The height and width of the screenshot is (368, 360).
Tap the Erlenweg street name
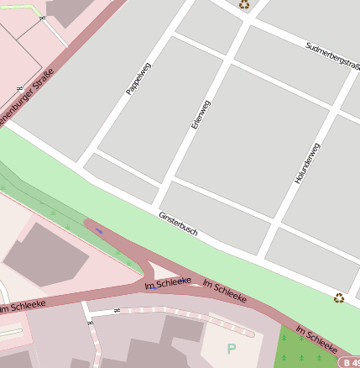point(201,114)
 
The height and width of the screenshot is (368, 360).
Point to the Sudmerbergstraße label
point(331,55)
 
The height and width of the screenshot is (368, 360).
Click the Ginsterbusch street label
point(178,223)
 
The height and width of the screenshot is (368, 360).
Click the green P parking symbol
point(232,348)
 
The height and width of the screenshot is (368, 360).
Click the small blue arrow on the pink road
point(99,229)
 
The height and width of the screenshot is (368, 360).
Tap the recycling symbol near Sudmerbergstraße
point(244,4)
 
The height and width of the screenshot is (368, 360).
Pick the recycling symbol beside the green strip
point(339,297)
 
